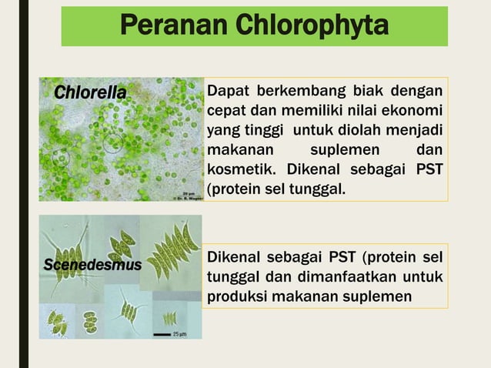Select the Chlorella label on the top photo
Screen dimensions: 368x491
[x=89, y=93]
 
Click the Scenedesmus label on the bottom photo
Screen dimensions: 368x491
[x=92, y=265]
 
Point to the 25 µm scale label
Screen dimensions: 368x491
[x=179, y=334]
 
